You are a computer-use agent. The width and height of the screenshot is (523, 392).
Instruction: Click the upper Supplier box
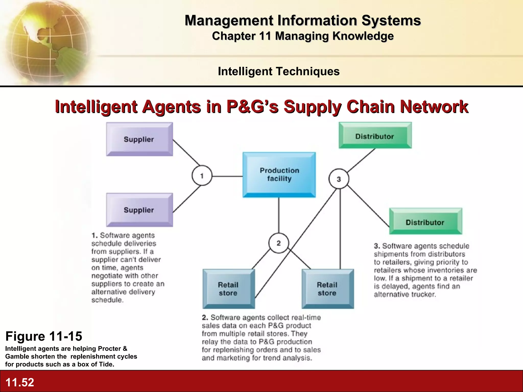(139, 139)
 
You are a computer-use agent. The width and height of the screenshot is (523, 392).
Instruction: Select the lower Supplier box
(139, 210)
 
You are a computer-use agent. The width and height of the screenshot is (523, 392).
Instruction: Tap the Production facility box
(279, 175)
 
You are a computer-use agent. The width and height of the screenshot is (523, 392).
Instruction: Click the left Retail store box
(228, 289)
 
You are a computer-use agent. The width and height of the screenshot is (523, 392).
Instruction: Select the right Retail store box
(328, 289)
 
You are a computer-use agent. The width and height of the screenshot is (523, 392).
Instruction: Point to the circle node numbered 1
(202, 176)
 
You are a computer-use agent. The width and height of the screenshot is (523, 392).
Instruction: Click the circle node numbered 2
(279, 243)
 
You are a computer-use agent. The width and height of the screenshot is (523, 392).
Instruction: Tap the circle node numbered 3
(339, 179)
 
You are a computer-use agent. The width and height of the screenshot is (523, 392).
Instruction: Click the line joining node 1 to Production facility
(227, 176)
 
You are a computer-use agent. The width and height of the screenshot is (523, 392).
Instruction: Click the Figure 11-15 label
(44, 336)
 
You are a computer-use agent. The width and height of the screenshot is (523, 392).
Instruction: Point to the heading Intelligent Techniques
(279, 71)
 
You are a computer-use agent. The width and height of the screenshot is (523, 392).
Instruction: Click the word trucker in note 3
(423, 295)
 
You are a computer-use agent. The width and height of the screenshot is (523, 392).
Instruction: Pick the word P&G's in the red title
(252, 107)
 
